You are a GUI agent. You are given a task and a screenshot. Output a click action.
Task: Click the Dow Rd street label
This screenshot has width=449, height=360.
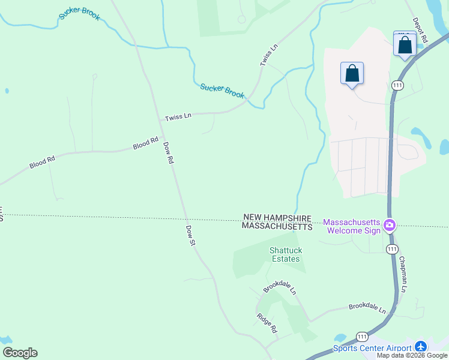168,152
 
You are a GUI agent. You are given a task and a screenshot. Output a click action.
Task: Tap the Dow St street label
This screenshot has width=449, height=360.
190,236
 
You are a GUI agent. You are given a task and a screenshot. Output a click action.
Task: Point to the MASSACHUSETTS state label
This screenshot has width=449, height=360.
277,227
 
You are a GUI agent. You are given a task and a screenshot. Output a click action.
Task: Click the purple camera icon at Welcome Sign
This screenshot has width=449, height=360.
390,226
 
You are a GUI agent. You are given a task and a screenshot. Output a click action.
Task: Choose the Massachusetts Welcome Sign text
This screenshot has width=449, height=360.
352,226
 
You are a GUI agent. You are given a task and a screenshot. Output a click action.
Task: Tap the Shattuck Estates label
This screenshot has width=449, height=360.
284,254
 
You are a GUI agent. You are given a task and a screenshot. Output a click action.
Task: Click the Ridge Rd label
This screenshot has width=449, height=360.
267,322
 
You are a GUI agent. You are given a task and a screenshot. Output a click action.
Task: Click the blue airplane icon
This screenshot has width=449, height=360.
420,347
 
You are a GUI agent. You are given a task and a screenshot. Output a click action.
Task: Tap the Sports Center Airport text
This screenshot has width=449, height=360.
372,348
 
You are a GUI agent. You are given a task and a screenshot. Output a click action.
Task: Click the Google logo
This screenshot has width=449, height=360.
20,353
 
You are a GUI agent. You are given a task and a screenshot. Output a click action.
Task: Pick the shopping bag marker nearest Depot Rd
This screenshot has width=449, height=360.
405,44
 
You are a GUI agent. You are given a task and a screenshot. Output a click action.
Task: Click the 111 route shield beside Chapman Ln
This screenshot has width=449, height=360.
391,248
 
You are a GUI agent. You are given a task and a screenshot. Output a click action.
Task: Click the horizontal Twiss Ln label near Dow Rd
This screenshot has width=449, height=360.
178,116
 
